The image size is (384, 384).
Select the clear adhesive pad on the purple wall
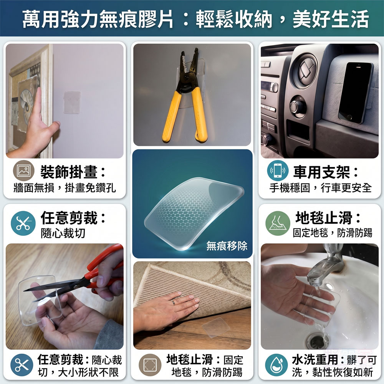pyautogui.click(x=72, y=103)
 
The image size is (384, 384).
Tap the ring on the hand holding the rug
pyautogui.click(x=174, y=303)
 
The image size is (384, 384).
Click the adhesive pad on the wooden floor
pyautogui.click(x=216, y=328)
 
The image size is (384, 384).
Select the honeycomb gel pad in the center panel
pyautogui.click(x=194, y=213)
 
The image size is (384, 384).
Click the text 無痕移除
pyautogui.click(x=227, y=246)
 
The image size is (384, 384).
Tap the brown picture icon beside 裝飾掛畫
pyautogui.click(x=24, y=171)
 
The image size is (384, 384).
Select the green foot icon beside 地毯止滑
pyautogui.click(x=278, y=223)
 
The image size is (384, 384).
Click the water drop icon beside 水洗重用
pyautogui.click(x=276, y=365)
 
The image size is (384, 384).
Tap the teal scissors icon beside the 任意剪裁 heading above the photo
pyautogui.click(x=23, y=223)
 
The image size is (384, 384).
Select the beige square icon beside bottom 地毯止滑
pyautogui.click(x=150, y=365)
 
